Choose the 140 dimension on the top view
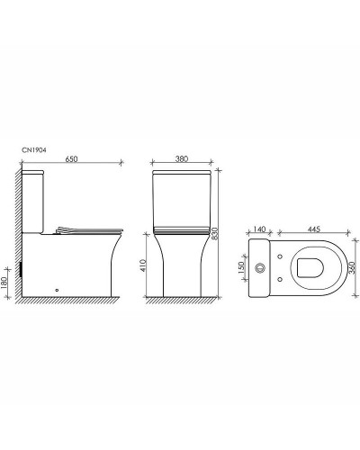click(260, 230)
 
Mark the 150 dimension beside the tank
click(239, 267)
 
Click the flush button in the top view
click(261, 267)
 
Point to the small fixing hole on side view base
click(58, 289)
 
